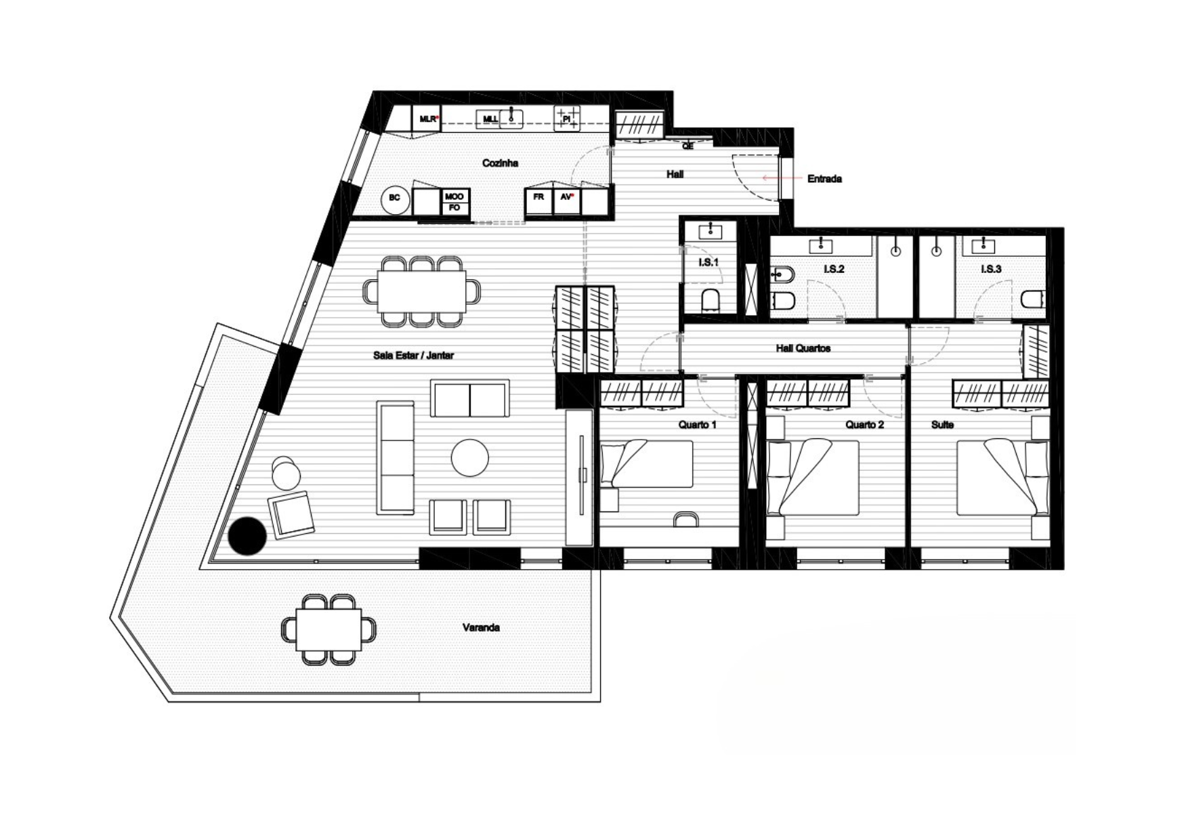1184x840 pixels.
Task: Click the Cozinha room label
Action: click(x=500, y=163)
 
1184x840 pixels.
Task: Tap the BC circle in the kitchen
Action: click(x=396, y=199)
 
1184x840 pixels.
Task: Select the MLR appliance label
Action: click(x=428, y=119)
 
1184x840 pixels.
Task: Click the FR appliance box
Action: click(x=539, y=201)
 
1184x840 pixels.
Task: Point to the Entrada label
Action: click(x=824, y=179)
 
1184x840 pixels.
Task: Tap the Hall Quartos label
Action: click(x=803, y=348)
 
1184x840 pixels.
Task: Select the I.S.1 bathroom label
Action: click(x=709, y=262)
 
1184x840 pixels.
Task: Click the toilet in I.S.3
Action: click(x=1034, y=299)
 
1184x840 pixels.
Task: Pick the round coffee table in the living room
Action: click(x=470, y=458)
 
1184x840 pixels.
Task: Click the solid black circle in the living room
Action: click(x=247, y=536)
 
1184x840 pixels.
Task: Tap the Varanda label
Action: click(x=481, y=628)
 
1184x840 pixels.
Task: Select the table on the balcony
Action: click(x=329, y=629)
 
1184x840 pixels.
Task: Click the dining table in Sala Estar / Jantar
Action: click(x=422, y=291)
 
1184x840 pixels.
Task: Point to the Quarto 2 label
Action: click(x=864, y=425)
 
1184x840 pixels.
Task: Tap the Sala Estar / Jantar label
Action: click(x=413, y=355)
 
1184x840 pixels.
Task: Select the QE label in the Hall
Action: click(x=688, y=146)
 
